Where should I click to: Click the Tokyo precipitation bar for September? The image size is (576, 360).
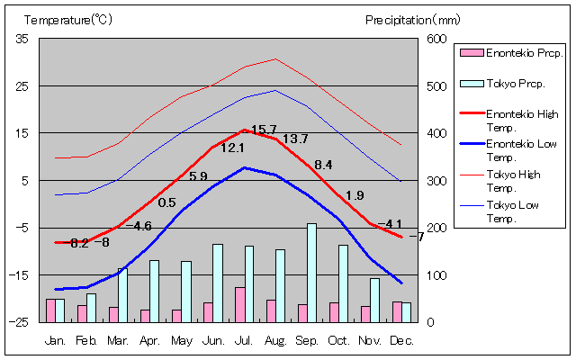311,273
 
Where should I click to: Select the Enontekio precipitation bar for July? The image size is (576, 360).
239,304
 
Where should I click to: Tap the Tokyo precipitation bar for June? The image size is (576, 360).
217,283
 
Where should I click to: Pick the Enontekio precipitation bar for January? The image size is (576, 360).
50,310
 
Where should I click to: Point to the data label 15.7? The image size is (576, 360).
264,130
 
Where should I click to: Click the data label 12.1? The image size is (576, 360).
232,148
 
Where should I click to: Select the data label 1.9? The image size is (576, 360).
355,195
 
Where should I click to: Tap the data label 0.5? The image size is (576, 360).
166,202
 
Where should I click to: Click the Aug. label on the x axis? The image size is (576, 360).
275,340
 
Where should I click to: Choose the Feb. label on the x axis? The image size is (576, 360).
86,340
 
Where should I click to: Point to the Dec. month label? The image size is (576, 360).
401,340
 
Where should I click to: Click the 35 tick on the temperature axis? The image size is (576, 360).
22,39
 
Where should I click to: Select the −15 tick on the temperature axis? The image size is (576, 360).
20,274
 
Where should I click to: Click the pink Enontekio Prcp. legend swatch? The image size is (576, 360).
471,53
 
